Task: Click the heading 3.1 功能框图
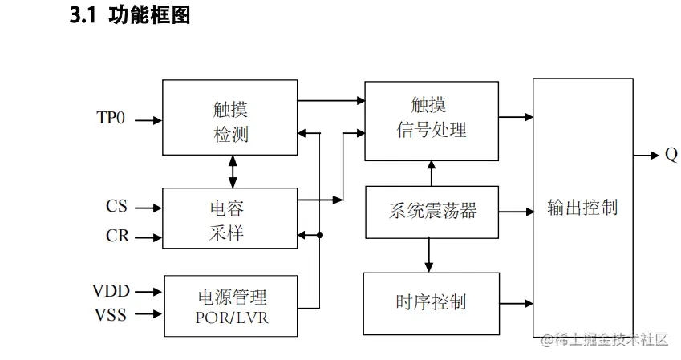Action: point(130,15)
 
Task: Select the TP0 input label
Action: point(111,119)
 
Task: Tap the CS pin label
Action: point(116,207)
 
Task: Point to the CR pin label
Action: point(116,236)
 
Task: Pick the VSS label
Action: point(111,314)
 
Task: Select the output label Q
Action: point(671,155)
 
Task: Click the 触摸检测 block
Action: point(229,117)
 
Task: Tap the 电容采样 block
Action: point(229,218)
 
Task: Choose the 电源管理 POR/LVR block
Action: point(230,305)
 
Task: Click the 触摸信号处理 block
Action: point(431,117)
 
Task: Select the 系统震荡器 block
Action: point(431,212)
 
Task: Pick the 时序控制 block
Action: point(431,303)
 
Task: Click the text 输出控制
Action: point(582,207)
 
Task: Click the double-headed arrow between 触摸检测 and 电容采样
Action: point(233,172)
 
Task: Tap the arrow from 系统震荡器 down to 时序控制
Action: point(431,255)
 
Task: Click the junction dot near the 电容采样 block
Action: point(320,235)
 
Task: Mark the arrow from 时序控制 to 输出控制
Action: point(516,303)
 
